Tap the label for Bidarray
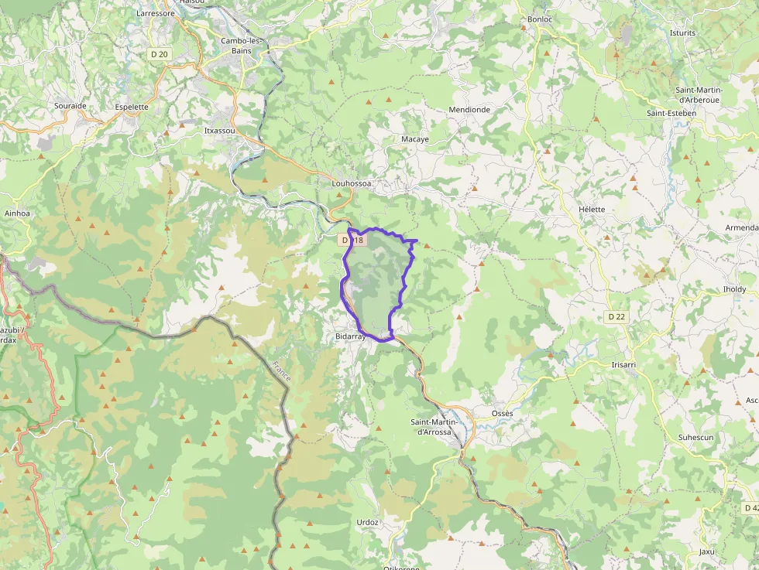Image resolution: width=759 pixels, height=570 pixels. pos(350,337)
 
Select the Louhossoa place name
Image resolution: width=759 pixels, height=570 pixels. pos(352,183)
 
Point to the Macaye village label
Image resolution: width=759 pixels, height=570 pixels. pos(415,139)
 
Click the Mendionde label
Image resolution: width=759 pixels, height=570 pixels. pos(469,110)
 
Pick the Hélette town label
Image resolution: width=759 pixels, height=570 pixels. pos(592,210)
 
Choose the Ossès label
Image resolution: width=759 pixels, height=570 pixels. pos(503,413)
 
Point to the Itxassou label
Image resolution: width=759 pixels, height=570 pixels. pos(219,131)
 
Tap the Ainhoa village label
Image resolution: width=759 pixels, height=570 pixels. pos(17,213)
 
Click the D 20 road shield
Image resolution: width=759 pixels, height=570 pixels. pos(159,54)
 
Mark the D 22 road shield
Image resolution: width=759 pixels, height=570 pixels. pos(616,316)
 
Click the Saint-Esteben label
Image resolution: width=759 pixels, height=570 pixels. pos(671,113)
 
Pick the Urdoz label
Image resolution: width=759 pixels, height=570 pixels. pos(367,522)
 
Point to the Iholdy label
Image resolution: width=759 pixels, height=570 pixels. pos(734,289)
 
